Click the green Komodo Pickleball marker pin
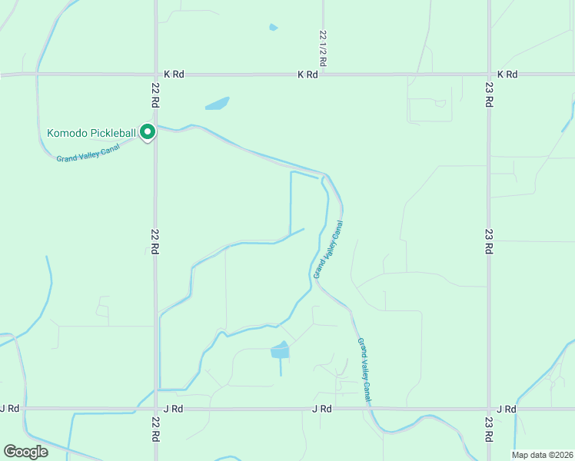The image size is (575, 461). coord(147,132)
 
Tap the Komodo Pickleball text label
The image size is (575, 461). coord(91,133)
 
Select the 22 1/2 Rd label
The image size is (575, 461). coord(324,46)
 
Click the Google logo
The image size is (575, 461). coord(25,452)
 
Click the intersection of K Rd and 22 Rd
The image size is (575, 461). coord(155,75)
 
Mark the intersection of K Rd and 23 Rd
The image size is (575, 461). coord(488,75)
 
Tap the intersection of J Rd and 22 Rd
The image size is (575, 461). coord(156,409)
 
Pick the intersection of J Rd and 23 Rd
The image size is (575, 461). coord(488,409)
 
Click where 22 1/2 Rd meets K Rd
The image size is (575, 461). coord(323,75)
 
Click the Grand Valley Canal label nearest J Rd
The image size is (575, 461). coord(364,370)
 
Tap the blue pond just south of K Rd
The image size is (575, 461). coord(218,103)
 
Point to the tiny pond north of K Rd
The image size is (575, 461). coord(274,28)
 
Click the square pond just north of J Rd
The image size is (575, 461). coord(281,351)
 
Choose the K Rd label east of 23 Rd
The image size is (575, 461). coord(507,75)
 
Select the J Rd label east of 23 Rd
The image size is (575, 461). coord(507,409)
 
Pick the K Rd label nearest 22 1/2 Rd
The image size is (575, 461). coord(307,75)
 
